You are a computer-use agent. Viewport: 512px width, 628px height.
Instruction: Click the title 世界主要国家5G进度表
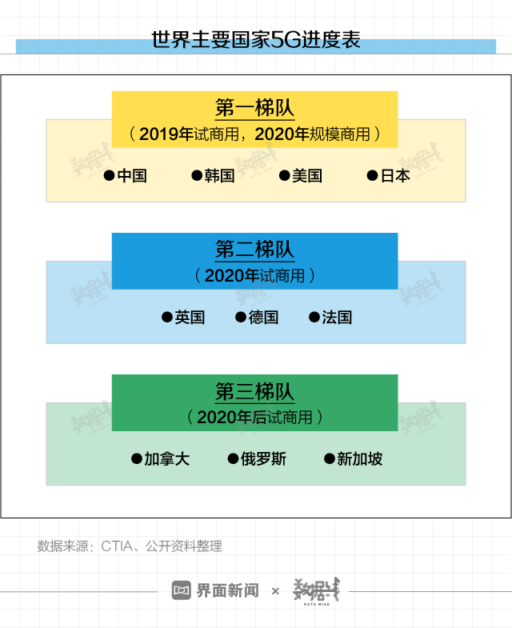[256, 40]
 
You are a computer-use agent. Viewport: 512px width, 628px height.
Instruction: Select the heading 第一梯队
[254, 109]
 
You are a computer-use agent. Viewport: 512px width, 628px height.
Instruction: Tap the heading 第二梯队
[254, 250]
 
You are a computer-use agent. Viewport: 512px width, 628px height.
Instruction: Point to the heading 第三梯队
[254, 392]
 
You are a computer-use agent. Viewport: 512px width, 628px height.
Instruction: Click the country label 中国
[132, 176]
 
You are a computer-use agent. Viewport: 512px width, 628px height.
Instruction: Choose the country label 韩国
[220, 176]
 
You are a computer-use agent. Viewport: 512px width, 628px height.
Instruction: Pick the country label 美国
[307, 176]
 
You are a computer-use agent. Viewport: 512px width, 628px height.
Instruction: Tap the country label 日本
[395, 176]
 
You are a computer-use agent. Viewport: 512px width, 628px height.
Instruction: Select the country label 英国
[190, 318]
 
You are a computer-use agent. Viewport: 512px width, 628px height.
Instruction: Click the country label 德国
[263, 318]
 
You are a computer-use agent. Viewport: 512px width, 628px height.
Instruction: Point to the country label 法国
[337, 318]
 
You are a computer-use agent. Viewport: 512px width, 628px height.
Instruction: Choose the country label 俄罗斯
[263, 459]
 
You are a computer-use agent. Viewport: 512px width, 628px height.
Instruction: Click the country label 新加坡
[359, 459]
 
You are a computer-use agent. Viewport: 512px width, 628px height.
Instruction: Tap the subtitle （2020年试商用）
[254, 276]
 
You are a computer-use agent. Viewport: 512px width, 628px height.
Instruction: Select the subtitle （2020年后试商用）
[254, 417]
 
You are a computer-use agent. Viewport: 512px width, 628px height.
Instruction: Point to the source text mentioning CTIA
[130, 546]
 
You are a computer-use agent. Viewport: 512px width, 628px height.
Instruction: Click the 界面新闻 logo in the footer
[215, 591]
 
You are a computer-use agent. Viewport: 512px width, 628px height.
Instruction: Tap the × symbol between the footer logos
[276, 591]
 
